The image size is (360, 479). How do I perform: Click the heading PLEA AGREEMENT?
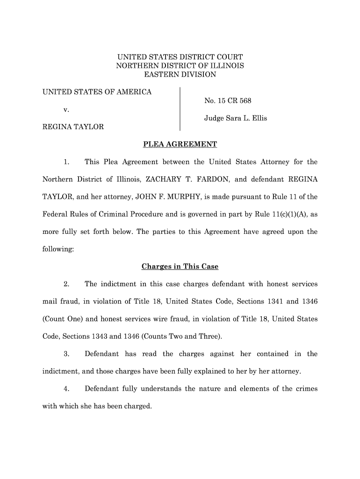(x=180, y=145)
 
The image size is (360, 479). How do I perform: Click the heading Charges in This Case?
(x=180, y=267)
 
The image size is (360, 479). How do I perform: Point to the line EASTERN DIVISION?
(x=180, y=74)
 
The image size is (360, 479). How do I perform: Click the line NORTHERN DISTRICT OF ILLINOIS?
(x=180, y=66)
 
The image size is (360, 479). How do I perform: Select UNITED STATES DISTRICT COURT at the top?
(x=180, y=57)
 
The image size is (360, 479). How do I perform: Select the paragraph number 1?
(x=67, y=162)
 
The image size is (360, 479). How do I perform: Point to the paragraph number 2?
(x=67, y=284)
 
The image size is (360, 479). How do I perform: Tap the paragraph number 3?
(x=67, y=354)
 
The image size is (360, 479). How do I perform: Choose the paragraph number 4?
(x=67, y=389)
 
